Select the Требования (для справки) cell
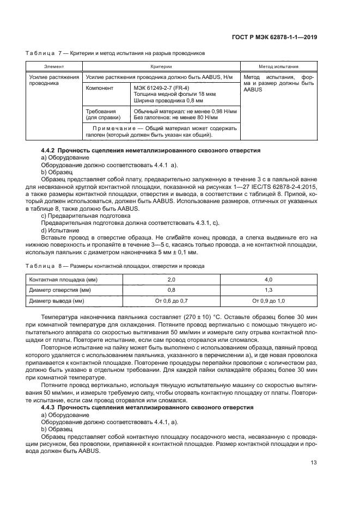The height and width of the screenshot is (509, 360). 101,114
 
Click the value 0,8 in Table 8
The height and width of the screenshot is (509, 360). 171,290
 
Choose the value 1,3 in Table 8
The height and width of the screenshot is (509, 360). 268,290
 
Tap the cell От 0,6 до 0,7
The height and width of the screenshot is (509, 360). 171,301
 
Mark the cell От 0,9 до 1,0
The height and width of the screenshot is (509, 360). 268,301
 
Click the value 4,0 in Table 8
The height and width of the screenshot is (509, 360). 268,279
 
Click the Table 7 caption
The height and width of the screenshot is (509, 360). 115,53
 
